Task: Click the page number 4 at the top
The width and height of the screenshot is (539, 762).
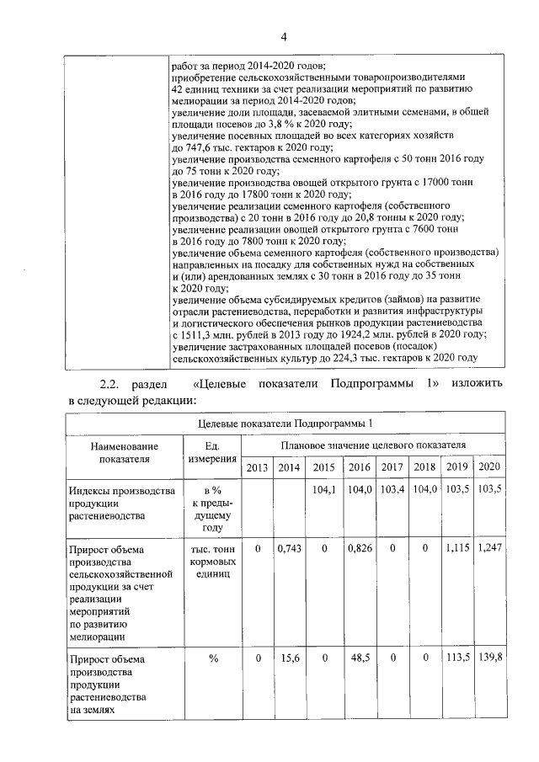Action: (x=284, y=38)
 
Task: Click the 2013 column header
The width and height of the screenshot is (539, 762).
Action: (x=259, y=467)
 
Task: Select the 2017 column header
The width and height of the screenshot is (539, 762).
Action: (x=392, y=467)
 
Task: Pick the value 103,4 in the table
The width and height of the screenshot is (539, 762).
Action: (x=392, y=490)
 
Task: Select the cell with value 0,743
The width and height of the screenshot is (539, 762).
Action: (x=289, y=548)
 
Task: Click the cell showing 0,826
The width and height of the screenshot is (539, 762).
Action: (x=360, y=548)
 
